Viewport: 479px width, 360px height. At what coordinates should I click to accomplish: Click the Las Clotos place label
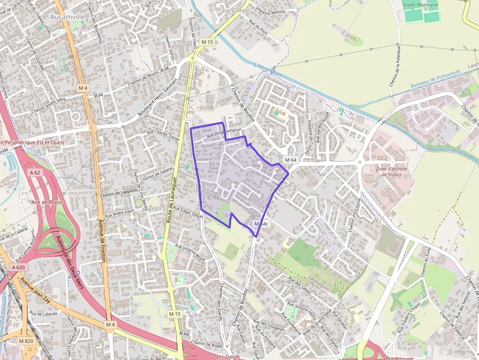(235, 10)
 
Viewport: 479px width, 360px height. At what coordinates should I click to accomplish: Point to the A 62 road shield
(35, 172)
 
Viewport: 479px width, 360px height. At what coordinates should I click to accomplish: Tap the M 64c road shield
(261, 224)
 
